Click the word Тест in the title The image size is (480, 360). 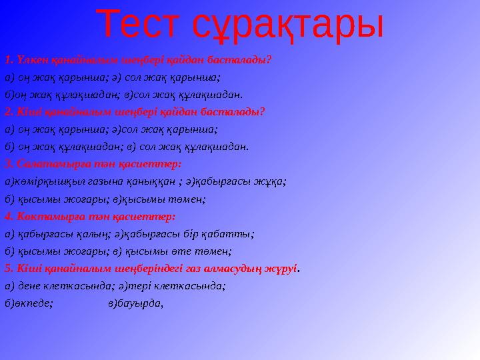141,25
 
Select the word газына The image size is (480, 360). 97,180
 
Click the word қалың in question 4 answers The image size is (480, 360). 92,233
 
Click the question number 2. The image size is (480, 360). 7,111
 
